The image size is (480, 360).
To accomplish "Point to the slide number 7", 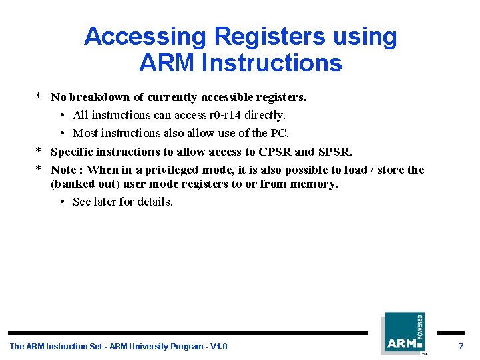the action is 461,346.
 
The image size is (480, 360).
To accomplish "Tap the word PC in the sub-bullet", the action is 278,133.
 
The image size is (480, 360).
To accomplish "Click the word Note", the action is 63,170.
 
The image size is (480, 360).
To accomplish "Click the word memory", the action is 314,184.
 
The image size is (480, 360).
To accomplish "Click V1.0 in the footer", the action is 218,346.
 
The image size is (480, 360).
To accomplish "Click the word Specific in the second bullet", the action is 73,152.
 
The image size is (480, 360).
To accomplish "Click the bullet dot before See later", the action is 62,202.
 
